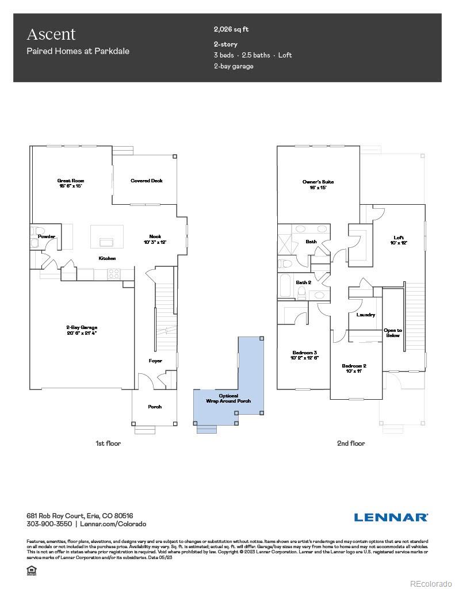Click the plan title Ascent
[51, 35]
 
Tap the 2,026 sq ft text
[231, 29]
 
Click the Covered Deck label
[146, 181]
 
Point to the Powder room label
[47, 236]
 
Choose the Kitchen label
[107, 258]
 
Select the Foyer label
[155, 361]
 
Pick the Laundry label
[366, 315]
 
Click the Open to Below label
[393, 332]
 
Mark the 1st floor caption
[108, 443]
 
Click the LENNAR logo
[391, 517]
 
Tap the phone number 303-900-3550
[49, 524]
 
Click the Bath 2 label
[303, 282]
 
